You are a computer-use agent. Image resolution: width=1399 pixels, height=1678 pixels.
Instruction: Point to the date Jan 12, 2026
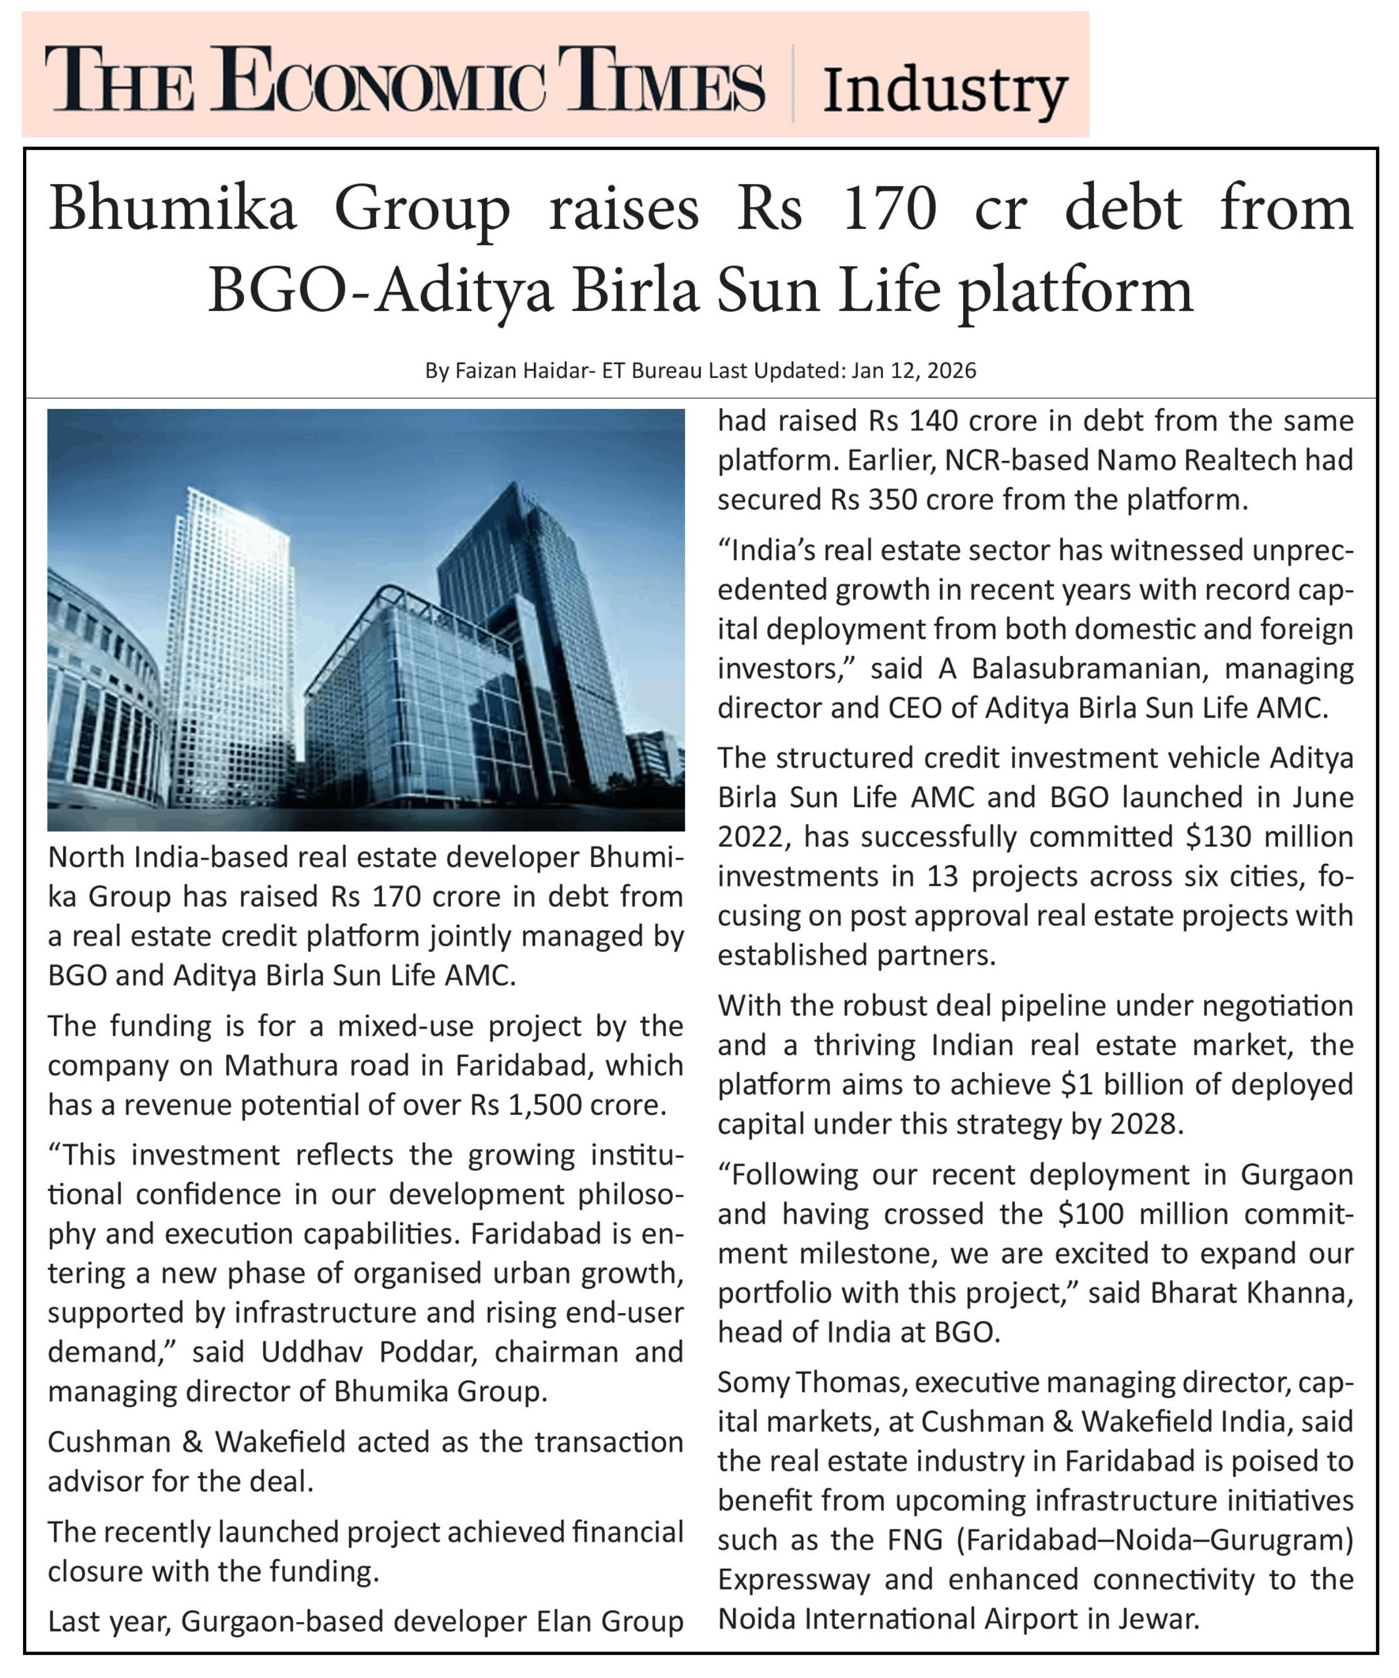tap(913, 371)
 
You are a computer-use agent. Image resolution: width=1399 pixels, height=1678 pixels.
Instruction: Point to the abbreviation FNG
tap(916, 1540)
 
